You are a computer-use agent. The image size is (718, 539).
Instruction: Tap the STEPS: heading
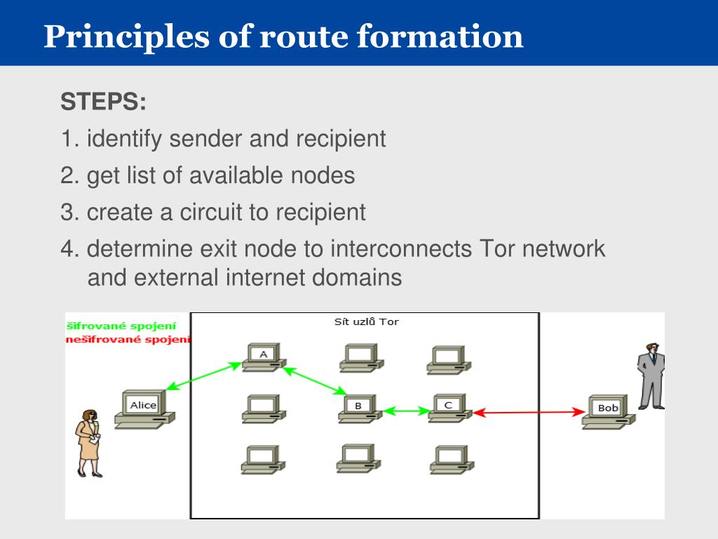click(103, 102)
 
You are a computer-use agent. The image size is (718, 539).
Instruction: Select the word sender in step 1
click(208, 139)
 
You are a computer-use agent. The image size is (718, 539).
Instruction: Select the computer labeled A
click(263, 357)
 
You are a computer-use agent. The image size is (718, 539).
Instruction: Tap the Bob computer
click(608, 411)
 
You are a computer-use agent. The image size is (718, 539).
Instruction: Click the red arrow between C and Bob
click(531, 413)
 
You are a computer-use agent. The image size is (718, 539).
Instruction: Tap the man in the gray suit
click(651, 375)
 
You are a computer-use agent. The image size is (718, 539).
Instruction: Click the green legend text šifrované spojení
click(121, 326)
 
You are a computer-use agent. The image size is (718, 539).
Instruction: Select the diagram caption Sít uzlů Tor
click(366, 322)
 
